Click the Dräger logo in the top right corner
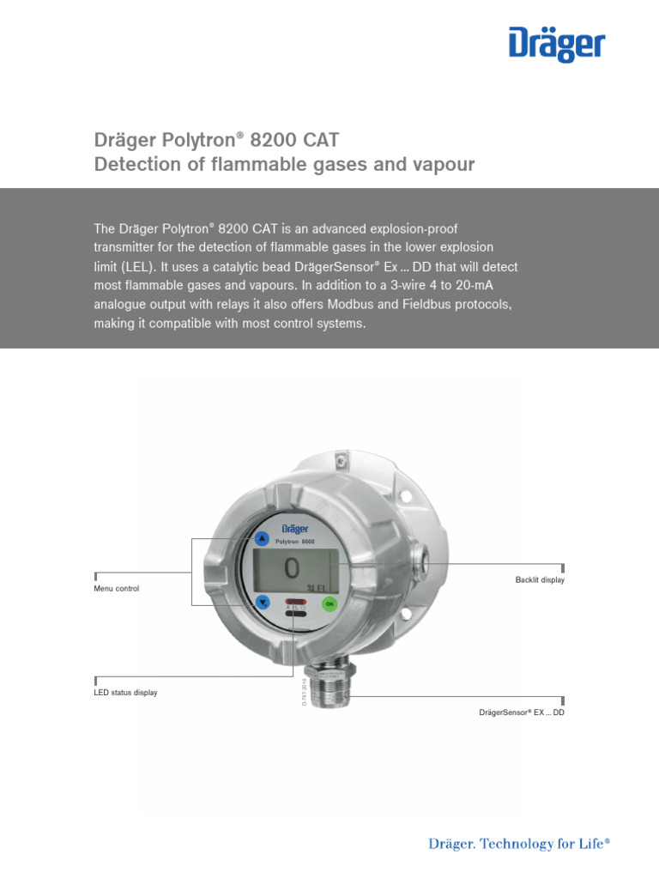point(557,45)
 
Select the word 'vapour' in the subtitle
point(445,164)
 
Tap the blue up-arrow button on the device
point(261,539)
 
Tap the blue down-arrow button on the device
point(263,603)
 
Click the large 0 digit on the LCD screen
point(292,567)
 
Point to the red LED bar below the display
point(295,601)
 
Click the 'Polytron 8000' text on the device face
point(294,543)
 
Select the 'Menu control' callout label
point(116,589)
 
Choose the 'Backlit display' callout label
point(540,581)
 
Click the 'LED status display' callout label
point(125,692)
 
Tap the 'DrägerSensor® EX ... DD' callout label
point(521,713)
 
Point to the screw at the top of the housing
point(342,464)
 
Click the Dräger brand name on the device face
point(293,529)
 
